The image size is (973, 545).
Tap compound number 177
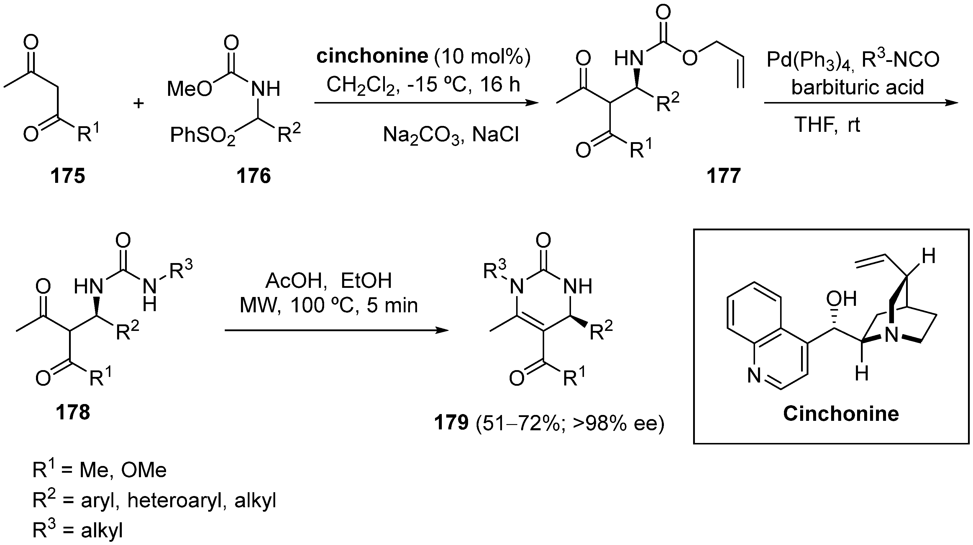(x=724, y=176)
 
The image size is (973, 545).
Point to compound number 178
(x=73, y=412)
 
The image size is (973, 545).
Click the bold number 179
(x=451, y=423)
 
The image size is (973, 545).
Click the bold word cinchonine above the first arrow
(x=372, y=56)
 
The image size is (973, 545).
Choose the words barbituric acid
(x=857, y=87)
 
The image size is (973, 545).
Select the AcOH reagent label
(x=293, y=281)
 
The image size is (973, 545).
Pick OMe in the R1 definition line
(x=144, y=470)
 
